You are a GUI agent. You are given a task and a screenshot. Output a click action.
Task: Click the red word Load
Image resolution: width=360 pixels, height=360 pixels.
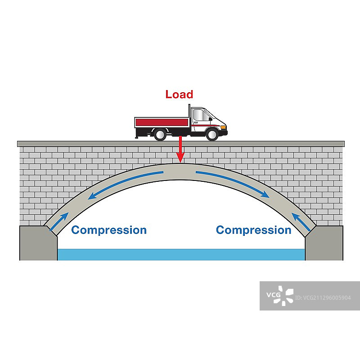point(179,94)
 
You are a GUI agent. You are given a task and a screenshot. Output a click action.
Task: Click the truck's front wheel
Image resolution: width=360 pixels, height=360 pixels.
point(211,134)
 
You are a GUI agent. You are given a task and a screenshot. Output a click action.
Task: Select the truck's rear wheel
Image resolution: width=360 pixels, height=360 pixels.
point(159,134)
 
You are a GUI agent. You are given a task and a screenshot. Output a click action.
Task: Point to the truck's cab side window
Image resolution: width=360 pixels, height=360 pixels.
point(201,116)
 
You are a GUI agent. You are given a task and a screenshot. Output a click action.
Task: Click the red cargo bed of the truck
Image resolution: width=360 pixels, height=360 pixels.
point(162,122)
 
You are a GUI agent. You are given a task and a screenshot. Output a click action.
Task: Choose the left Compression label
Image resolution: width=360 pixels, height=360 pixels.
point(109,230)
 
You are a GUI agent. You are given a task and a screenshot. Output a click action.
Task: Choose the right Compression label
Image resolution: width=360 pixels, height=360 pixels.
point(253,230)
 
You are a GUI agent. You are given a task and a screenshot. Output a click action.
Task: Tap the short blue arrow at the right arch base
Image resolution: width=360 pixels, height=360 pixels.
point(300,222)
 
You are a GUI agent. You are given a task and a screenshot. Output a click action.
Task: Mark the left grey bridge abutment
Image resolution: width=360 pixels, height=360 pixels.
point(38,243)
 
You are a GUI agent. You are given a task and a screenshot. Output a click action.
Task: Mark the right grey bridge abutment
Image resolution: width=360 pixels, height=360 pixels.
point(324,243)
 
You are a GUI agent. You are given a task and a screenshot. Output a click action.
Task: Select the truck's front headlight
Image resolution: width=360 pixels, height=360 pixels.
point(221,127)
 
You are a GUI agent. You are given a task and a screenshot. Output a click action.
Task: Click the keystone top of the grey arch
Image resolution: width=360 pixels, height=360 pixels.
point(180,168)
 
